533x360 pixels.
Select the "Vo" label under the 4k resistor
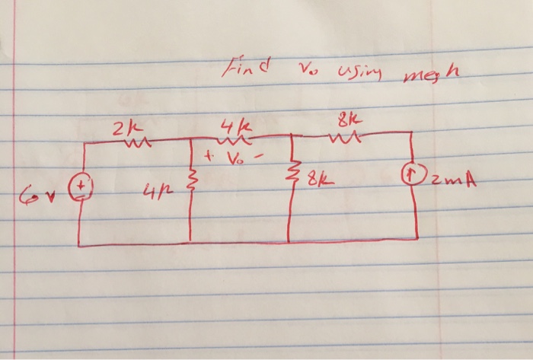coord(233,160)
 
